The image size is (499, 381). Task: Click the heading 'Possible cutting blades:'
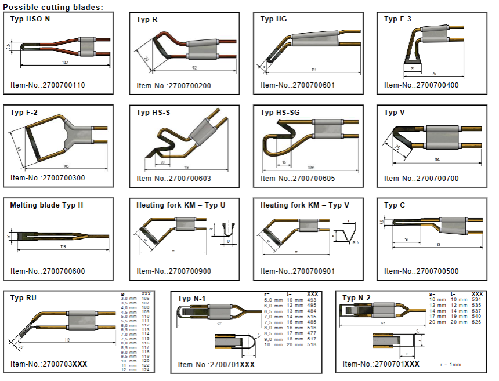click(x=53, y=6)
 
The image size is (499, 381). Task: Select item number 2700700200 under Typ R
click(x=173, y=85)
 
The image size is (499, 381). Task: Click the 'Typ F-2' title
click(x=24, y=112)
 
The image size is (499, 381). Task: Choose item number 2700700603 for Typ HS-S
click(x=173, y=178)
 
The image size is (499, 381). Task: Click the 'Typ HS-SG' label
click(x=280, y=112)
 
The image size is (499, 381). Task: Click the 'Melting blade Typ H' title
click(x=46, y=205)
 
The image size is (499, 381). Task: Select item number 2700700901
click(x=298, y=271)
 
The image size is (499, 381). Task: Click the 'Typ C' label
click(x=395, y=205)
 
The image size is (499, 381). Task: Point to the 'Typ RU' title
click(x=23, y=297)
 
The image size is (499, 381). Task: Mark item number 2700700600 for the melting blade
click(x=48, y=271)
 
